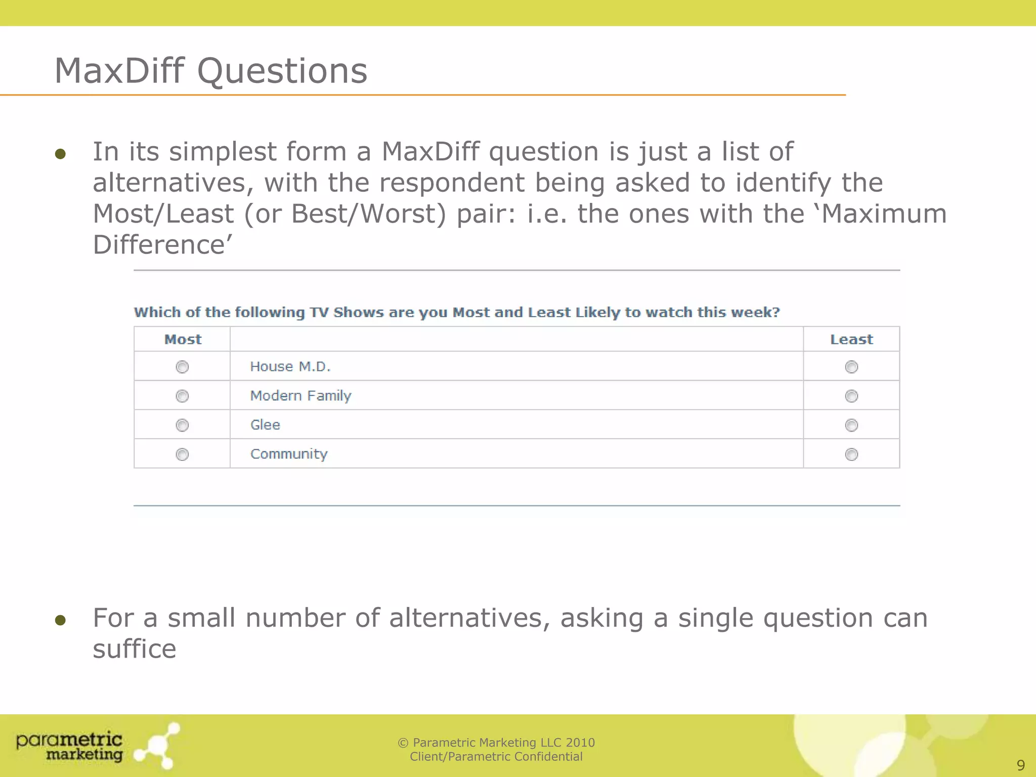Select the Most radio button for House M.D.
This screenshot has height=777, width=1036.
pos(182,367)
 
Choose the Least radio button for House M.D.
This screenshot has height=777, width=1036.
pos(851,367)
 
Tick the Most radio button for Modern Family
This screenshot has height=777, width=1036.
pos(182,396)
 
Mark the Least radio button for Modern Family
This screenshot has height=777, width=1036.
pos(851,396)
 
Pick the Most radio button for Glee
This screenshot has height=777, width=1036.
pos(182,425)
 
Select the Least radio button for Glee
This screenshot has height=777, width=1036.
pos(851,425)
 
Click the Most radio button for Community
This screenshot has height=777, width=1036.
pos(182,454)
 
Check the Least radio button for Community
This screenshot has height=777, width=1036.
pos(851,454)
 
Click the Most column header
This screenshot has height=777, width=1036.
pos(183,339)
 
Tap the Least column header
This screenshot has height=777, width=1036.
pos(851,339)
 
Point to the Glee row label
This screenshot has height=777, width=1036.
pos(265,425)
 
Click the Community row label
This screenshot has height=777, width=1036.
pos(289,454)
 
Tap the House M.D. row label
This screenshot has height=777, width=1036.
pos(290,367)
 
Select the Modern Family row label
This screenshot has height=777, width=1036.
pos(300,396)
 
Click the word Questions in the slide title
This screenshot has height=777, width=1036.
pos(282,71)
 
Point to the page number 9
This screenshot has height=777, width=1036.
pos(1020,765)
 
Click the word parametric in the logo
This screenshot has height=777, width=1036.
pos(69,741)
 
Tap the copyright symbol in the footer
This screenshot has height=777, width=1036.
pos(403,743)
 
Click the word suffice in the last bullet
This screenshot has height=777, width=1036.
pos(135,649)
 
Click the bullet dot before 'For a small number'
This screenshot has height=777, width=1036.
pos(61,620)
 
